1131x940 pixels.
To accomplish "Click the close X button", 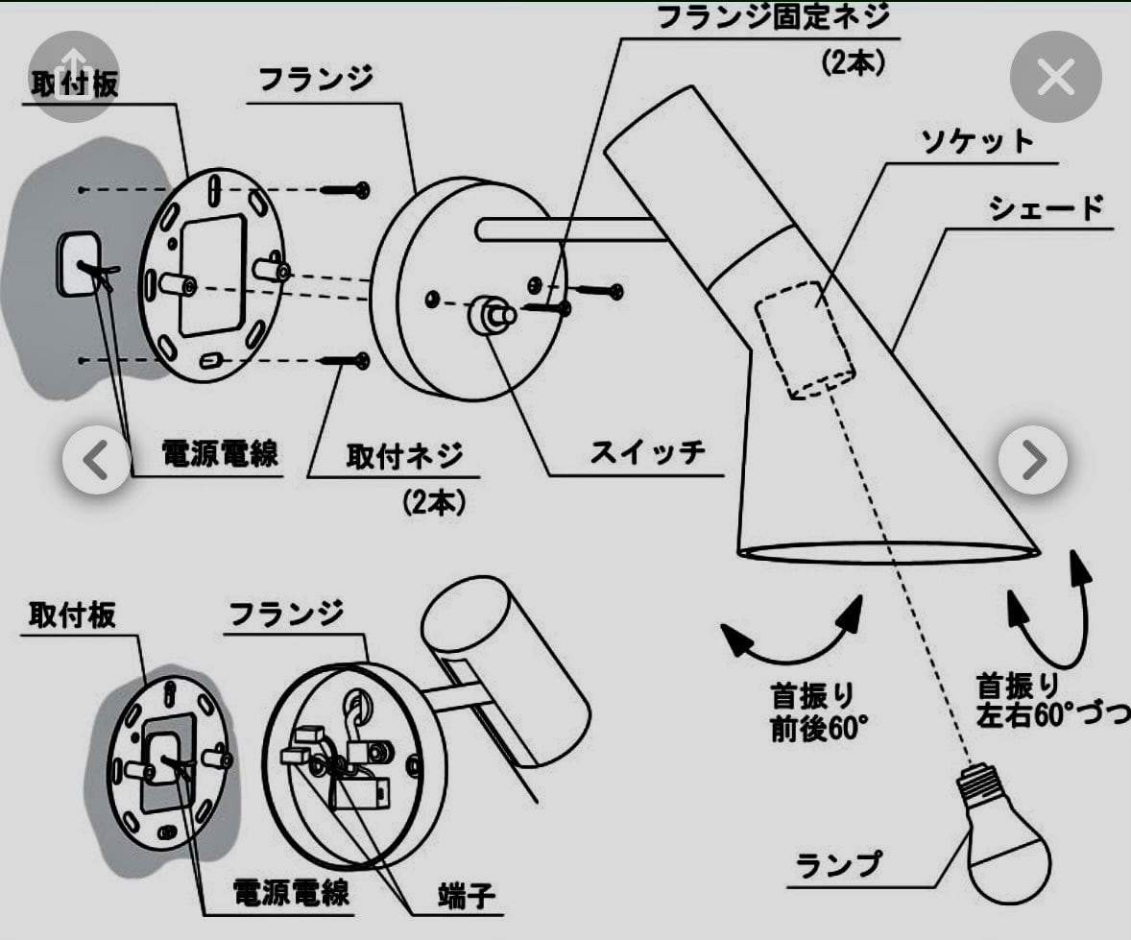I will click(x=1055, y=78).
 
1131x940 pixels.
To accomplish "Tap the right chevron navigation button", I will click(x=1032, y=461).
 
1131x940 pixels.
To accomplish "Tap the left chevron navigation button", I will click(x=96, y=461).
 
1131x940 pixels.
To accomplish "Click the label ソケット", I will click(x=977, y=141).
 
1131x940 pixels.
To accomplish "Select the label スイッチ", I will click(x=647, y=451).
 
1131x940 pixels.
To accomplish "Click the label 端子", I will click(x=468, y=896).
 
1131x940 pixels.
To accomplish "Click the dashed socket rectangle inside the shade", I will click(x=805, y=339).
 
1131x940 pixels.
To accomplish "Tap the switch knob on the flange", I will click(x=491, y=314).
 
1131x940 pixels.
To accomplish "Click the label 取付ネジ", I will click(x=404, y=454).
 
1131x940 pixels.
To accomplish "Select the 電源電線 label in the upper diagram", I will click(x=220, y=453).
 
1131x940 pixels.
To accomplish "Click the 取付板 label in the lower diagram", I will click(x=72, y=615).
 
